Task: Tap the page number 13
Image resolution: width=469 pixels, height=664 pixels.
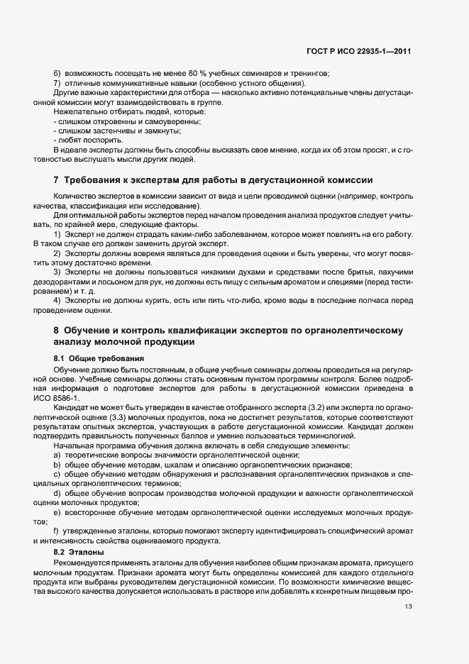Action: point(407,607)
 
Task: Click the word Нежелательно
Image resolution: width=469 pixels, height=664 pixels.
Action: point(77,112)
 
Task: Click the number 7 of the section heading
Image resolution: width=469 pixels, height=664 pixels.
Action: point(56,179)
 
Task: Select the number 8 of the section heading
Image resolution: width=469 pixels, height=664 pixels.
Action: point(56,331)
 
